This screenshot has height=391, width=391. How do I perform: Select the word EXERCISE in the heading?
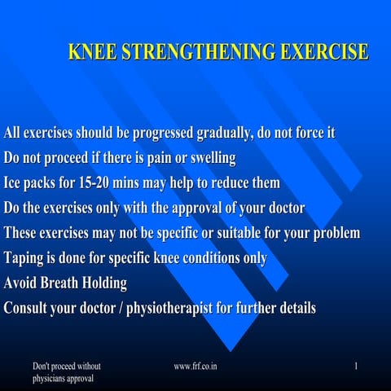pos(323,53)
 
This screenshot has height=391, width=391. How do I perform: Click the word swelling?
pos(211,157)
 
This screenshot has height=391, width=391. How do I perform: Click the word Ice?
pos(14,182)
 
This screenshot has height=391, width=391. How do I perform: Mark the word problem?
pos(332,233)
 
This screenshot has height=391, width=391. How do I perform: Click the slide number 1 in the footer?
pos(356,367)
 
